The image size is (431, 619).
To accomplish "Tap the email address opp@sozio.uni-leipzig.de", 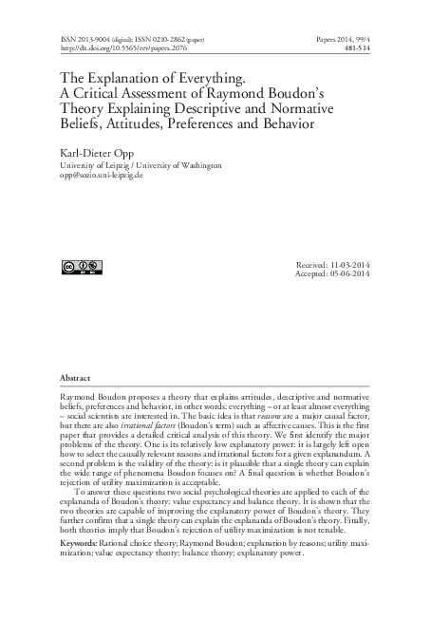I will coord(114,176).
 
